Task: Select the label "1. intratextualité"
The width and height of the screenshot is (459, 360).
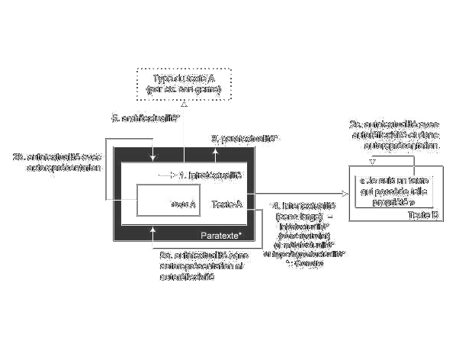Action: click(210, 175)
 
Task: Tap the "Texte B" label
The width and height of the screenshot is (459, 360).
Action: click(423, 215)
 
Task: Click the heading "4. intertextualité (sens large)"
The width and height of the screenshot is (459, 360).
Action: click(308, 213)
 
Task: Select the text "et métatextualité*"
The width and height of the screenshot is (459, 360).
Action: click(300, 245)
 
